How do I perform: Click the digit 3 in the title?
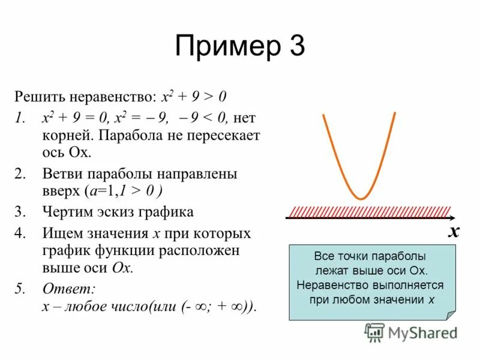pyautogui.click(x=295, y=47)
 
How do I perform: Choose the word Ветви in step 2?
pyautogui.click(x=62, y=174)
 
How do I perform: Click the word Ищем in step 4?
pyautogui.click(x=59, y=233)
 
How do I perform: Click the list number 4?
pyautogui.click(x=20, y=233)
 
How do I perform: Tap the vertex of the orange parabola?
pyautogui.click(x=361, y=198)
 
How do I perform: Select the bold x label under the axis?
pyautogui.click(x=454, y=232)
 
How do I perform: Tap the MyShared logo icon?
pyautogui.click(x=374, y=332)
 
